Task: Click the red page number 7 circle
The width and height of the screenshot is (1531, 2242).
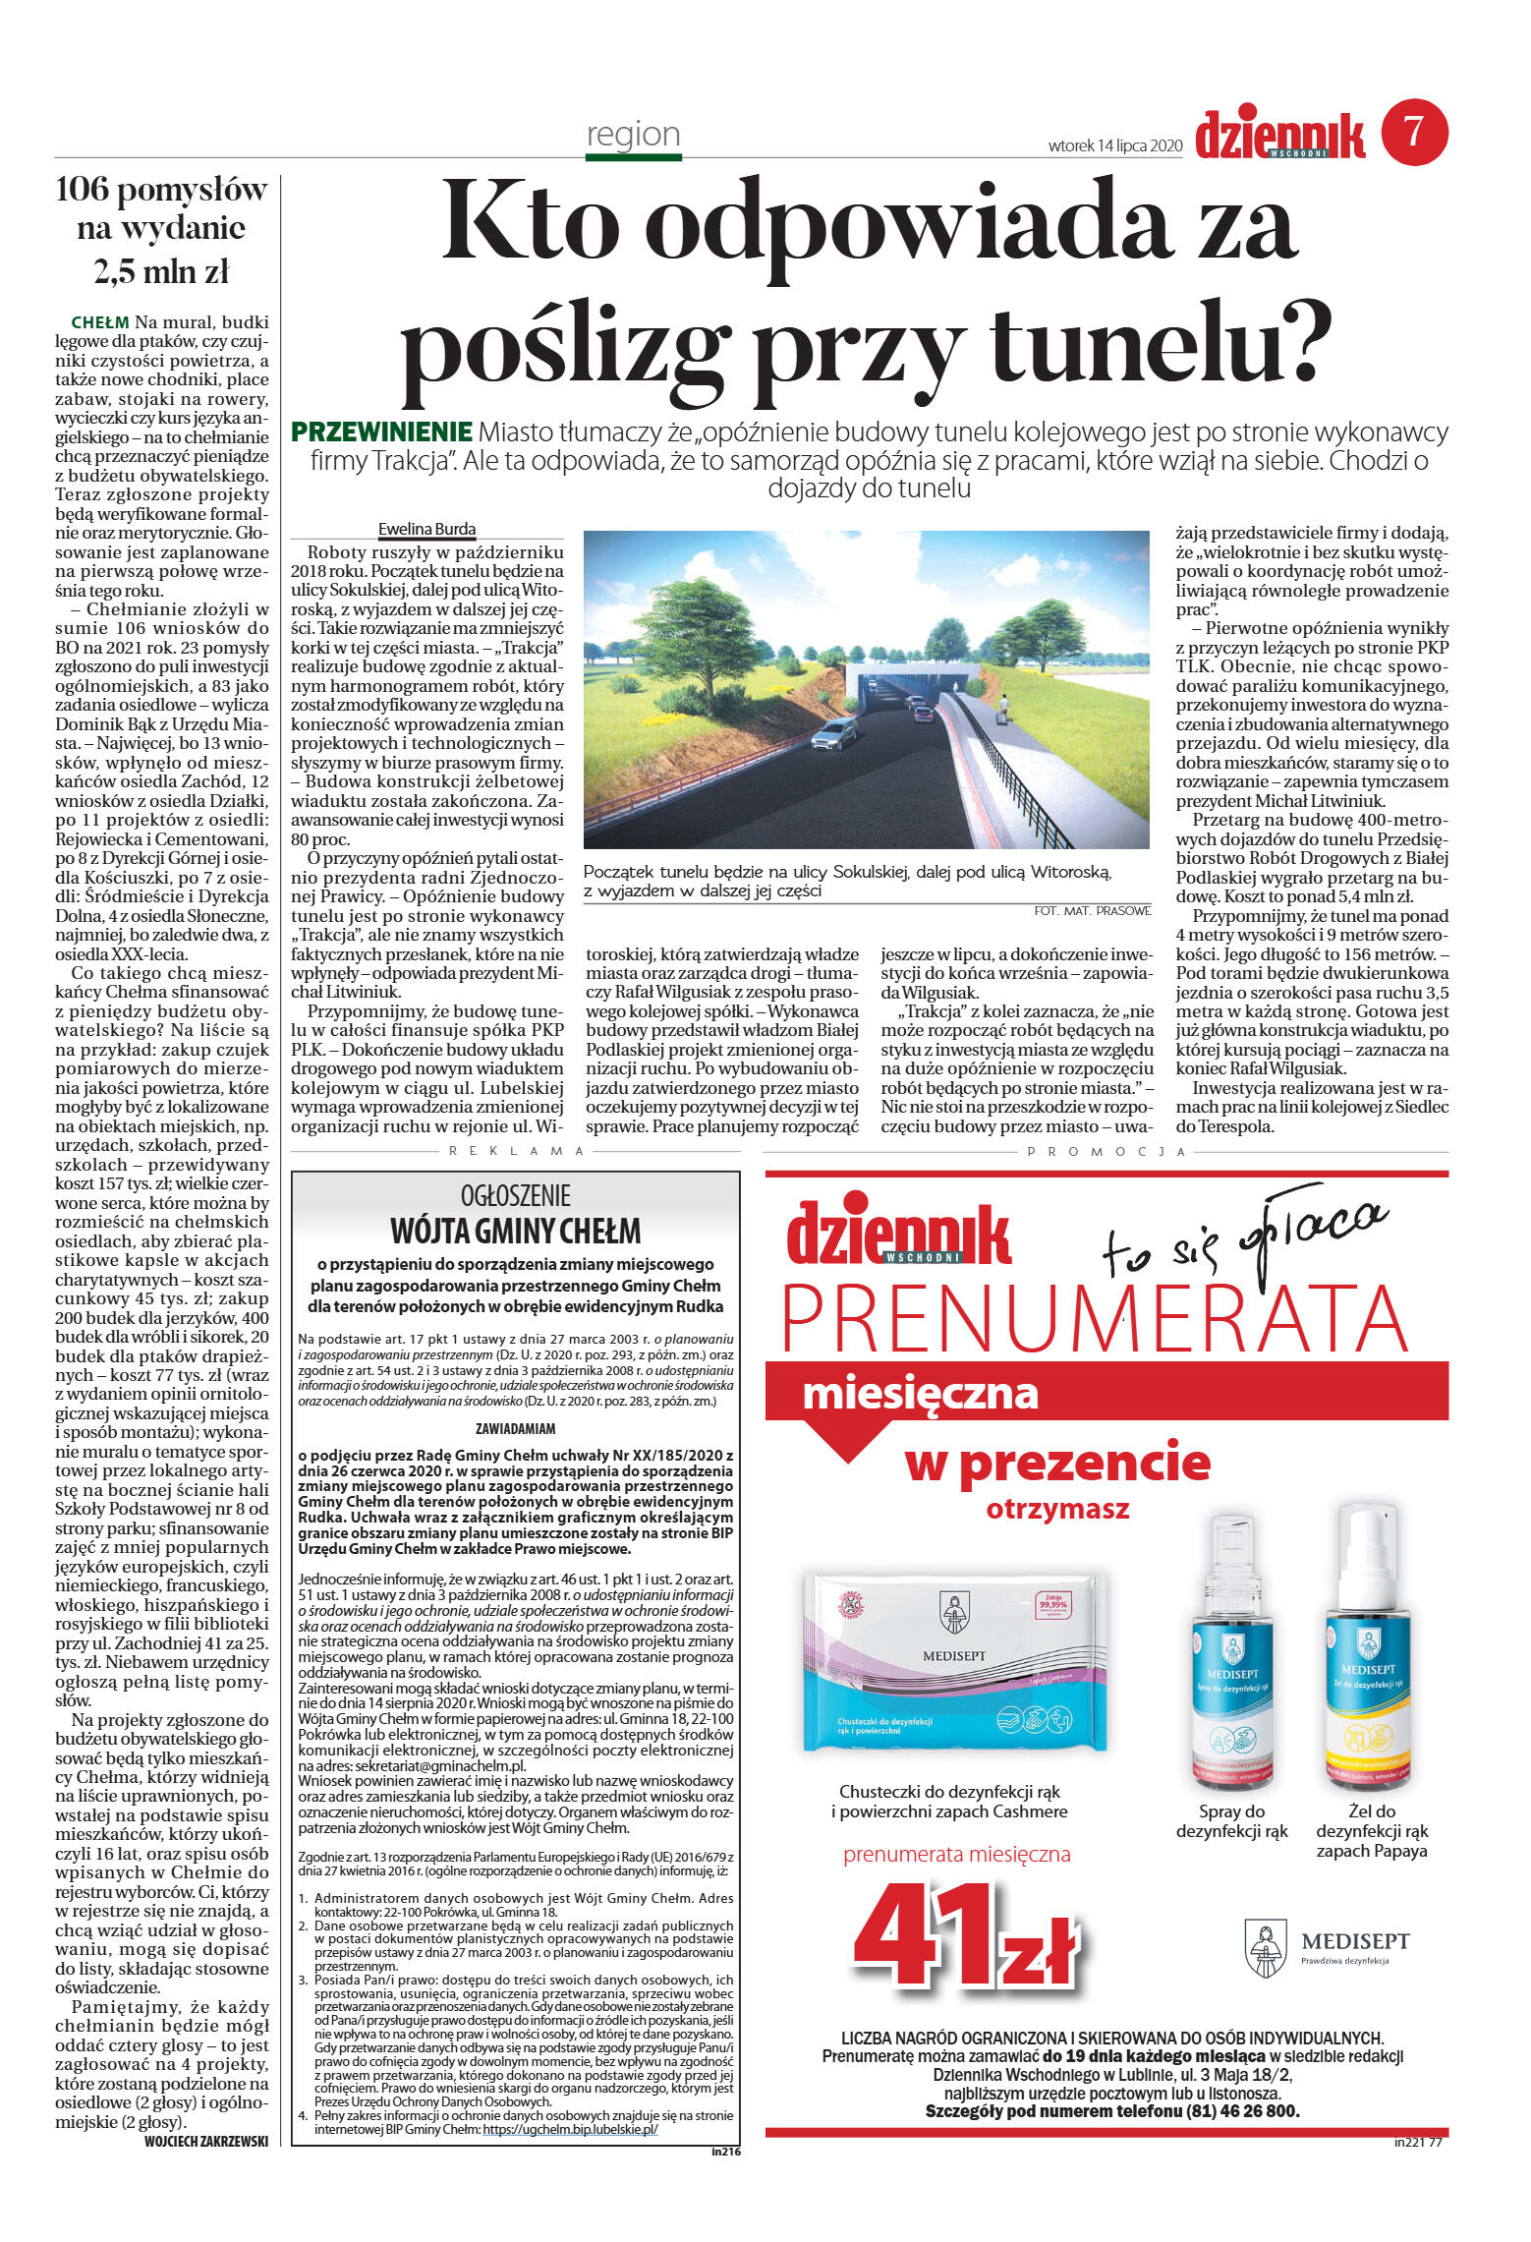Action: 1414,132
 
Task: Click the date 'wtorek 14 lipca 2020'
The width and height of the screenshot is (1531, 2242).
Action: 1114,145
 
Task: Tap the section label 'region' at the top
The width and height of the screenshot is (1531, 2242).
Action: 633,135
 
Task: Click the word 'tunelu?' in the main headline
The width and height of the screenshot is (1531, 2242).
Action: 1161,343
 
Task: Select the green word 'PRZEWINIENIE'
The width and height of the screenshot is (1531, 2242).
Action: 381,431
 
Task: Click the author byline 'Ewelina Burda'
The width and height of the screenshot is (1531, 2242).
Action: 426,529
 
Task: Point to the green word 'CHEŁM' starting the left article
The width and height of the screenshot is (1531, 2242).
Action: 100,322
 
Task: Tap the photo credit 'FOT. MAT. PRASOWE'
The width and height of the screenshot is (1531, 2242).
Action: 1092,911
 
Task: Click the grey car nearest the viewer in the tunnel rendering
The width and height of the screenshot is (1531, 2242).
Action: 834,733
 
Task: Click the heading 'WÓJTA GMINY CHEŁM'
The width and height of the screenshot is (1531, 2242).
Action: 515,1232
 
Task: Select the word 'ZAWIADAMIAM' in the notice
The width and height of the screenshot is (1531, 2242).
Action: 515,1428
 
